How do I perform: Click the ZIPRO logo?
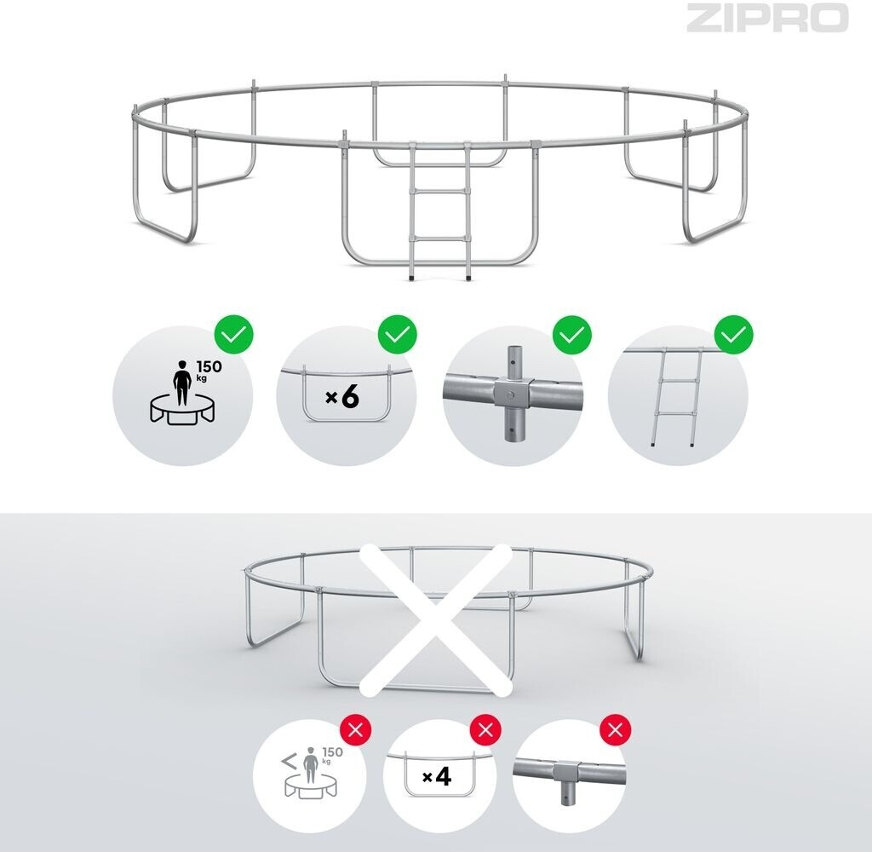tap(767, 18)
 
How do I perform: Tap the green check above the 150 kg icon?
tap(234, 335)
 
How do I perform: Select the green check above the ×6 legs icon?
tap(398, 335)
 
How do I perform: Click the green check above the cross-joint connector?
tap(571, 335)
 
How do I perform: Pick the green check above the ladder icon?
tap(734, 335)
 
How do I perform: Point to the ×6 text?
tap(342, 397)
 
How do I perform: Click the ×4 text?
tap(437, 777)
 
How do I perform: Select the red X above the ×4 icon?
tap(485, 729)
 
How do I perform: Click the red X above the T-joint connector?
tap(615, 729)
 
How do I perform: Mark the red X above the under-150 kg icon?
tap(355, 729)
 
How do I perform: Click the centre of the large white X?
tap(436, 619)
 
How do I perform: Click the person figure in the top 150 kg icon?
tap(182, 383)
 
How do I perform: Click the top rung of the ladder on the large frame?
tap(439, 190)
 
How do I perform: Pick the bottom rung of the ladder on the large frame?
tap(440, 239)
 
